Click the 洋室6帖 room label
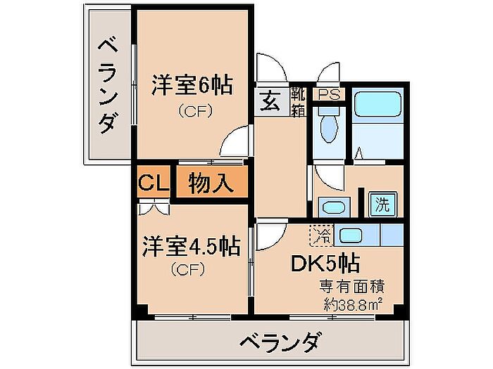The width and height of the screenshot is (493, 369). (x=192, y=88)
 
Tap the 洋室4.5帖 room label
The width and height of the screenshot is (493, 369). (x=191, y=247)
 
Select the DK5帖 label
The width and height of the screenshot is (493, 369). (x=327, y=264)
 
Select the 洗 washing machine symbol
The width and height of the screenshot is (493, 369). (x=382, y=205)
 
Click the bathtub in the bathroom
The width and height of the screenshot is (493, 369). (x=377, y=107)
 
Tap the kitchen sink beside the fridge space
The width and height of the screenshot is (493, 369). (x=349, y=234)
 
